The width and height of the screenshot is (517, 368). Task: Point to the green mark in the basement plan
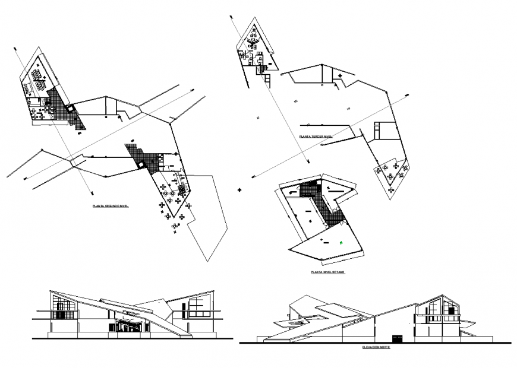pyautogui.click(x=341, y=242)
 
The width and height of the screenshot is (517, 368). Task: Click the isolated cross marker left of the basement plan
pyautogui.click(x=239, y=190)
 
